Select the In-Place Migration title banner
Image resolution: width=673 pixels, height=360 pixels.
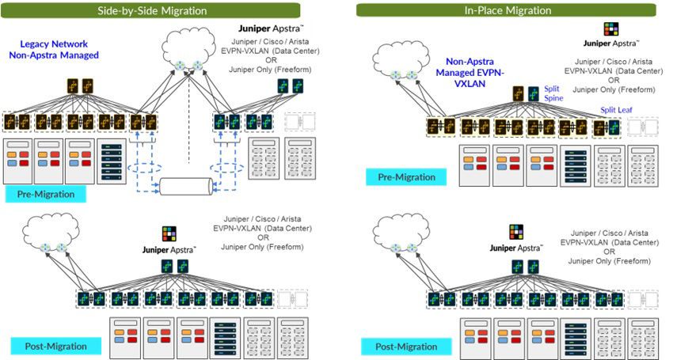pyautogui.click(x=506, y=10)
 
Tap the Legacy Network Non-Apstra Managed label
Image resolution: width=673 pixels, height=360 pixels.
pyautogui.click(x=55, y=50)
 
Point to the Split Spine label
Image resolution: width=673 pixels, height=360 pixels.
pyautogui.click(x=552, y=95)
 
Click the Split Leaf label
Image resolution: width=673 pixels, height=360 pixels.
pyautogui.click(x=616, y=110)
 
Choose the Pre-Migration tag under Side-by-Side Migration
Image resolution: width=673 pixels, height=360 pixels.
pyautogui.click(x=44, y=194)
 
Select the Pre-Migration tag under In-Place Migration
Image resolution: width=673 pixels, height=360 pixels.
pyautogui.click(x=405, y=176)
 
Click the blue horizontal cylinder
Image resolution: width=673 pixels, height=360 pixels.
pyautogui.click(x=187, y=188)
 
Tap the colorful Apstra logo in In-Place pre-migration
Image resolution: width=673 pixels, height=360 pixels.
pyautogui.click(x=611, y=29)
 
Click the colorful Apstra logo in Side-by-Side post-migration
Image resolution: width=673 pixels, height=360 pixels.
pyautogui.click(x=169, y=233)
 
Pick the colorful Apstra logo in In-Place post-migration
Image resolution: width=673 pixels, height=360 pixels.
pyautogui.click(x=515, y=232)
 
